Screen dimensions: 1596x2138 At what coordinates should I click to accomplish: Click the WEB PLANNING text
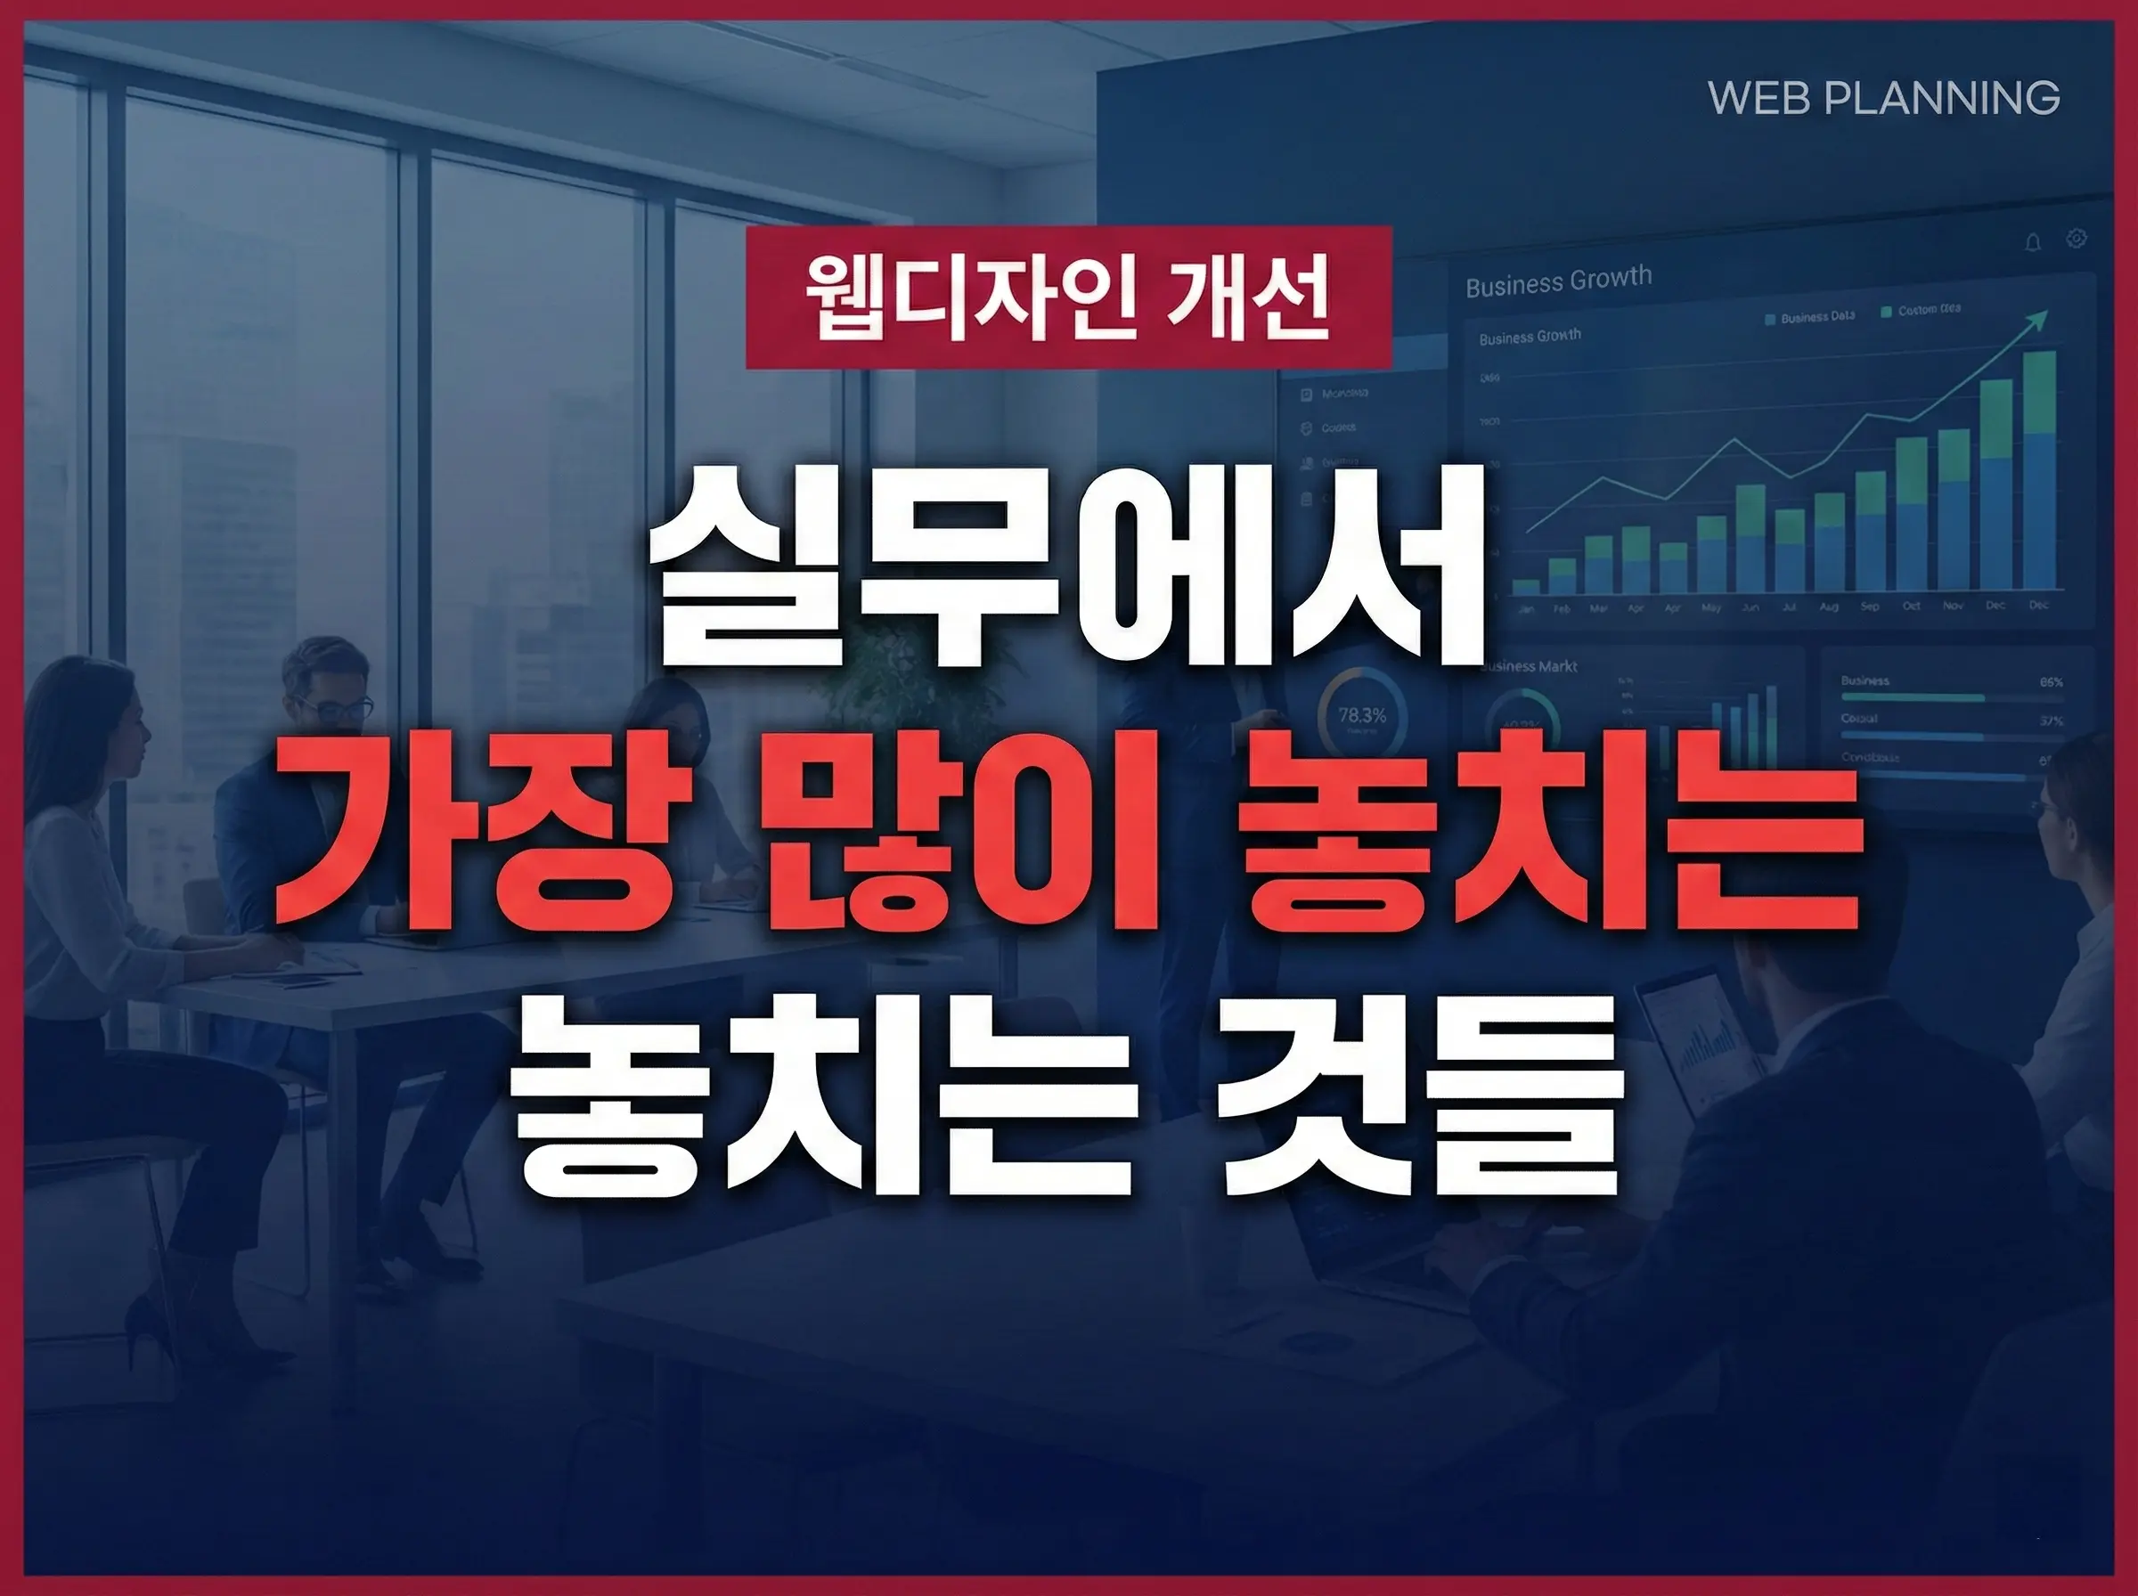pyautogui.click(x=1883, y=99)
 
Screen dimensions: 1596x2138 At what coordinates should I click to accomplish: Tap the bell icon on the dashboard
pyautogui.click(x=2033, y=242)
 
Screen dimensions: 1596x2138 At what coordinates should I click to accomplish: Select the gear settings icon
pyautogui.click(x=2077, y=239)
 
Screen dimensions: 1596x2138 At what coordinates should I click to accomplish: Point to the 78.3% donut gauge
pyautogui.click(x=1362, y=716)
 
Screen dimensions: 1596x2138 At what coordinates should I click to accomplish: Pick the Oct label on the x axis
pyautogui.click(x=1911, y=606)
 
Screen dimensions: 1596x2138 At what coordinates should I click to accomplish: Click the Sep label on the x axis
pyautogui.click(x=1870, y=607)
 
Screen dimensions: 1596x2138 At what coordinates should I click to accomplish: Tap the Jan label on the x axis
pyautogui.click(x=1527, y=609)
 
